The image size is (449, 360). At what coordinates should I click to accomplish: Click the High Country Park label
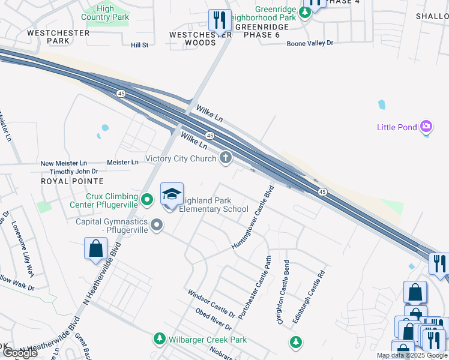pos(105,13)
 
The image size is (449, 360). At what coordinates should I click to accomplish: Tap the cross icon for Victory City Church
pos(226,158)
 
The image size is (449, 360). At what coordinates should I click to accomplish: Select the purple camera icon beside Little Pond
pos(426,127)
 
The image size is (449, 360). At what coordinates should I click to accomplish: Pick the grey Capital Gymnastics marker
pos(157,225)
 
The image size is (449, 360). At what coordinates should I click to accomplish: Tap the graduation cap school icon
pos(172,195)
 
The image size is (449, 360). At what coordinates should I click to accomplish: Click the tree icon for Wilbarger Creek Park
pos(160,340)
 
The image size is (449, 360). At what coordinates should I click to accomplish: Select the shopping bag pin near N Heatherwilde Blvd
pos(95,249)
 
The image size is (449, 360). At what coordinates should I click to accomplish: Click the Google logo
pos(19,353)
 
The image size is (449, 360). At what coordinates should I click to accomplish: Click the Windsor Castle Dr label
pos(211,303)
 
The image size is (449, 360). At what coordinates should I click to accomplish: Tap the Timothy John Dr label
pos(73,172)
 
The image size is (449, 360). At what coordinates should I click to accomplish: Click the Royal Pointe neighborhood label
pos(72,181)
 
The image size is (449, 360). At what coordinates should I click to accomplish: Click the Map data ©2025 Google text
pos(412,355)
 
